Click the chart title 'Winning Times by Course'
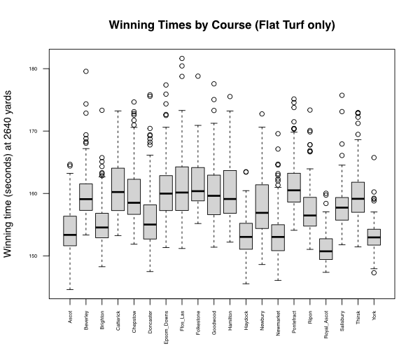221,26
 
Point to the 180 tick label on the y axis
43,69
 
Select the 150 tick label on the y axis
43,256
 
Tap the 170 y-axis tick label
43,131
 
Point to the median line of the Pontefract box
294,190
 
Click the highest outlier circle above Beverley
86,71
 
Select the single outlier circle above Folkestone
198,76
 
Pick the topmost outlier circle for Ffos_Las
182,59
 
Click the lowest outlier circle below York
374,272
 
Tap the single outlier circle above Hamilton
230,97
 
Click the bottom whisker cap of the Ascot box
70,289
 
